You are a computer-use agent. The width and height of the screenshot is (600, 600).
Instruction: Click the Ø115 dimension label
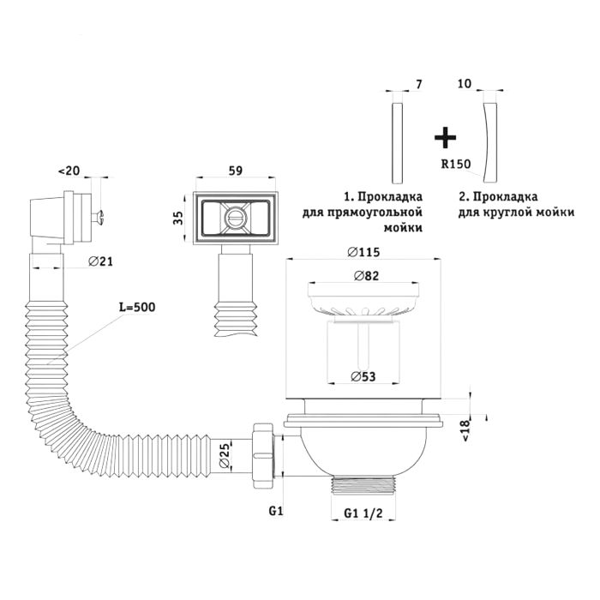363,252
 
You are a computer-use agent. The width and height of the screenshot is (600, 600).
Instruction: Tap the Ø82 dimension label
366,275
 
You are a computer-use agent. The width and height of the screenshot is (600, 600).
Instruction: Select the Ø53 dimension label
363,376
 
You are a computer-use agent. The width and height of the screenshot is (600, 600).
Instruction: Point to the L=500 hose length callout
137,307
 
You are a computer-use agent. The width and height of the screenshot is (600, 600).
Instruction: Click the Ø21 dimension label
100,261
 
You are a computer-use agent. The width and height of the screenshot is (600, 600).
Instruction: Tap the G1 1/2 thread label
363,513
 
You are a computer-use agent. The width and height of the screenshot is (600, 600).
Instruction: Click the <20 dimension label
69,171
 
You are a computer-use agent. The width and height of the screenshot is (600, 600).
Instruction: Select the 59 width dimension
236,171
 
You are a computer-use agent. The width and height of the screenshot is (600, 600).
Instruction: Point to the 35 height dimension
178,218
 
